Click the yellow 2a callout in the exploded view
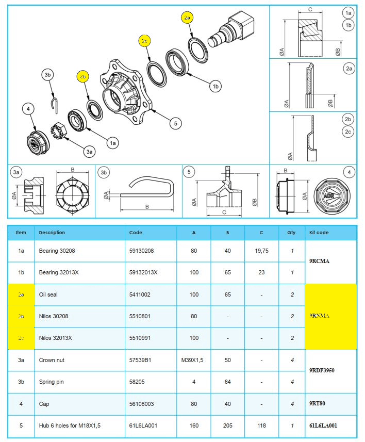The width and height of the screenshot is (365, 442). [187, 18]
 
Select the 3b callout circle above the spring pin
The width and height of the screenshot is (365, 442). [48, 75]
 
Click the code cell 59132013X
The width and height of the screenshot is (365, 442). [143, 272]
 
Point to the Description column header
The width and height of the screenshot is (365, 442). [52, 233]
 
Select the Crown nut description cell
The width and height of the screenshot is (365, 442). [52, 360]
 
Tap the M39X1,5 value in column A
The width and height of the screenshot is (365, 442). [194, 360]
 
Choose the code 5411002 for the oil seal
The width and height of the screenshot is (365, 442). [139, 294]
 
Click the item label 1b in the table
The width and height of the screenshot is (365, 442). [21, 272]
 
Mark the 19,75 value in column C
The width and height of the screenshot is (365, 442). [261, 251]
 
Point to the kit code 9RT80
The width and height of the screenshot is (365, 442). [318, 404]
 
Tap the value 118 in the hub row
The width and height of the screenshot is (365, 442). [261, 425]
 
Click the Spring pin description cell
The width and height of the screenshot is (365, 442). [50, 382]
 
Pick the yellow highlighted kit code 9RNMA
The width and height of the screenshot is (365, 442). [319, 316]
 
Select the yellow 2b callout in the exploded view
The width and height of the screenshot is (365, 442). [83, 76]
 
